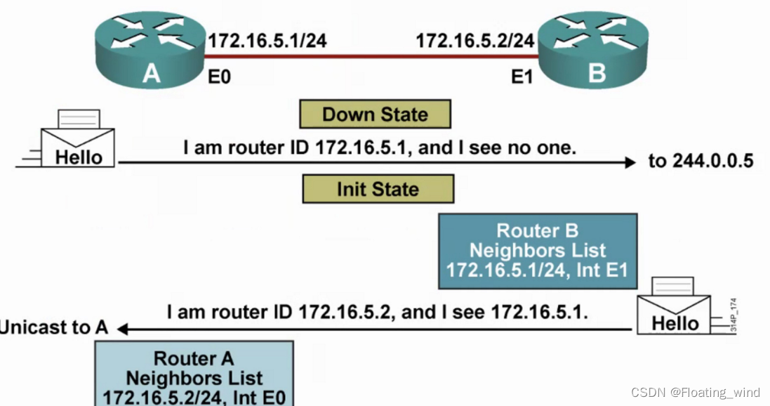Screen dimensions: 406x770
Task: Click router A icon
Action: [x=148, y=50]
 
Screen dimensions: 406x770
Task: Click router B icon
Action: [x=594, y=50]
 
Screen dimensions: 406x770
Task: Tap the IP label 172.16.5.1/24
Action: [x=267, y=40]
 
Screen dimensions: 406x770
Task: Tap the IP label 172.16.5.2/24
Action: [x=475, y=40]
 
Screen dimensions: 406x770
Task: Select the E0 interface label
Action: [x=220, y=76]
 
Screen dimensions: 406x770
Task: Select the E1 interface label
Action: [x=522, y=76]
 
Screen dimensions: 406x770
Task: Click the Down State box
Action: [x=375, y=114]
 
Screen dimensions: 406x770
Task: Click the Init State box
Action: [x=378, y=189]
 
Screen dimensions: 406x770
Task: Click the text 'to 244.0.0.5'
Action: [x=701, y=162]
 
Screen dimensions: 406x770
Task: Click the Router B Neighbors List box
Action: [x=537, y=251]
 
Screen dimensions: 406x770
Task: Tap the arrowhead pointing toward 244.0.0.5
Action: [x=629, y=162]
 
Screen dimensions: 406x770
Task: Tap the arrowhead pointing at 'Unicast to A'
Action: [x=124, y=328]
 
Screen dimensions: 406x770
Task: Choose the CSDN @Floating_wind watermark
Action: [x=695, y=393]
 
